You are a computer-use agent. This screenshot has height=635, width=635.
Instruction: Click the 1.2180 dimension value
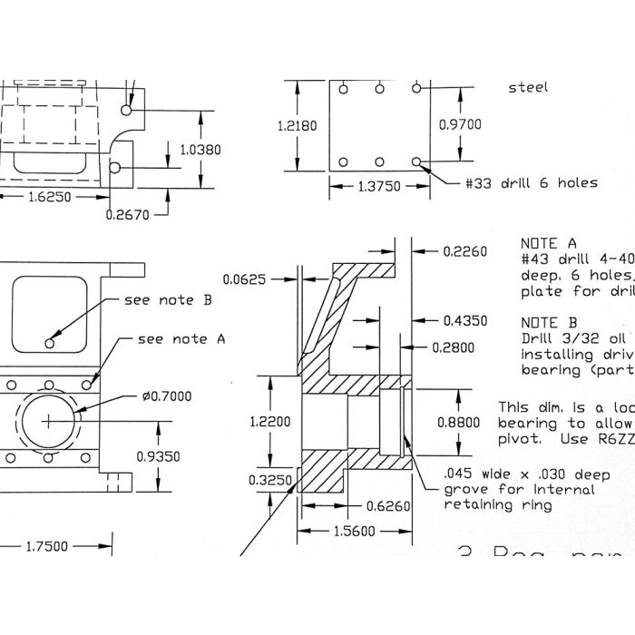point(298,126)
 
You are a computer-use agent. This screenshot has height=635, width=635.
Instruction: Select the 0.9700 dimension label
point(460,124)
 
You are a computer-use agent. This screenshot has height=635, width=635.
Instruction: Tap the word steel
point(528,88)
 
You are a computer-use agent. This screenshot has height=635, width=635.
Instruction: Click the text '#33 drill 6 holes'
point(531,182)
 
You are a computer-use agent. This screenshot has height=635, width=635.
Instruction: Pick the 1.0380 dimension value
point(200,150)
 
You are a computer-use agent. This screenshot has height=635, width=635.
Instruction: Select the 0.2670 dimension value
point(126,215)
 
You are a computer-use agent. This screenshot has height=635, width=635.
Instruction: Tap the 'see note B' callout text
point(170,299)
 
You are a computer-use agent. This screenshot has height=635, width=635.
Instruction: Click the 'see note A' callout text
point(181,339)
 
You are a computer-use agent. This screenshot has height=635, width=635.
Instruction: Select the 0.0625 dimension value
point(245,280)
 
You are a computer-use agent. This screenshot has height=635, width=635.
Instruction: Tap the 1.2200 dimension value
point(271,421)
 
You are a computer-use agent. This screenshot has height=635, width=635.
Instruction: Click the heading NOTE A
point(548,244)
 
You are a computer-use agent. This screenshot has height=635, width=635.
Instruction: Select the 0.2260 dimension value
point(465,251)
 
